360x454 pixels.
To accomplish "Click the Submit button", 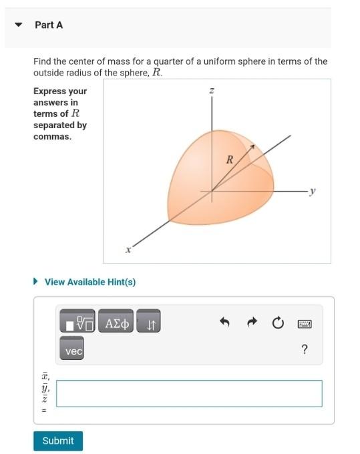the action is click(x=58, y=441).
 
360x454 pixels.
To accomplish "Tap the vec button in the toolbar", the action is click(x=73, y=350).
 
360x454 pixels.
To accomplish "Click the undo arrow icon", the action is click(x=224, y=324).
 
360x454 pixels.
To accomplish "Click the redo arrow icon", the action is click(x=252, y=324).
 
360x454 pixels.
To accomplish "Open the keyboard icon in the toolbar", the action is click(x=305, y=324).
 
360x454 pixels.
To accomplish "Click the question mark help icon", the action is click(x=305, y=350).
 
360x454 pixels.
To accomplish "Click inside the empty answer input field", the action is click(x=189, y=393).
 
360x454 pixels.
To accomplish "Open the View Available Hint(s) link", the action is click(x=89, y=282).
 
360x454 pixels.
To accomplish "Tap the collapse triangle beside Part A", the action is click(x=19, y=25).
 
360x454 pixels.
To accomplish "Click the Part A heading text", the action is click(x=49, y=25).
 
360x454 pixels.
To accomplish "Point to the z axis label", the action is click(x=211, y=91).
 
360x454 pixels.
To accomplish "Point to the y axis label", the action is click(x=313, y=191).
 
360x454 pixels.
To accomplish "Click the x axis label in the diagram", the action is click(x=128, y=250).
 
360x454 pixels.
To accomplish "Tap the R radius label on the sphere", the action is click(x=230, y=160).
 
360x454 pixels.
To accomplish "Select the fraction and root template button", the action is click(x=78, y=324).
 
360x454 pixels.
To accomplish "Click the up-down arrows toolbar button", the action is click(x=150, y=324).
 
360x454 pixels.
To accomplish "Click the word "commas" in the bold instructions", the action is click(x=52, y=137).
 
